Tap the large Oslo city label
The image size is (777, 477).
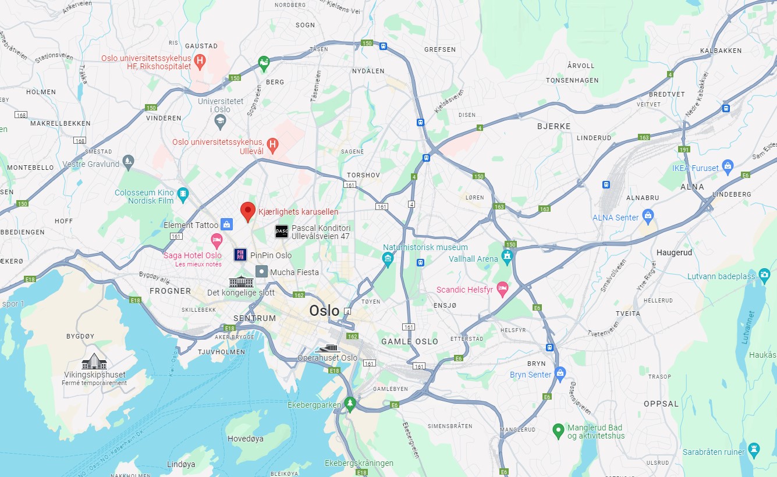pos(324,311)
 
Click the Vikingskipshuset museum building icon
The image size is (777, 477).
pos(94,361)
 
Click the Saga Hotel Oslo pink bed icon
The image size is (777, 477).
pos(217,240)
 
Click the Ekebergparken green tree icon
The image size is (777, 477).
pos(349,403)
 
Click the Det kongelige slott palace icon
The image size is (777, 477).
pos(241,282)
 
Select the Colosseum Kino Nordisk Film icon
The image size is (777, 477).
pos(183,194)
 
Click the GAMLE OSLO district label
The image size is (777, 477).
pos(410,341)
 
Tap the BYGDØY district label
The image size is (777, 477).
pos(80,336)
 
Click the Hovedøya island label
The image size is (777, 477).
pos(245,439)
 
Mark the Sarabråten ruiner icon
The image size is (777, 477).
pos(754,448)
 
